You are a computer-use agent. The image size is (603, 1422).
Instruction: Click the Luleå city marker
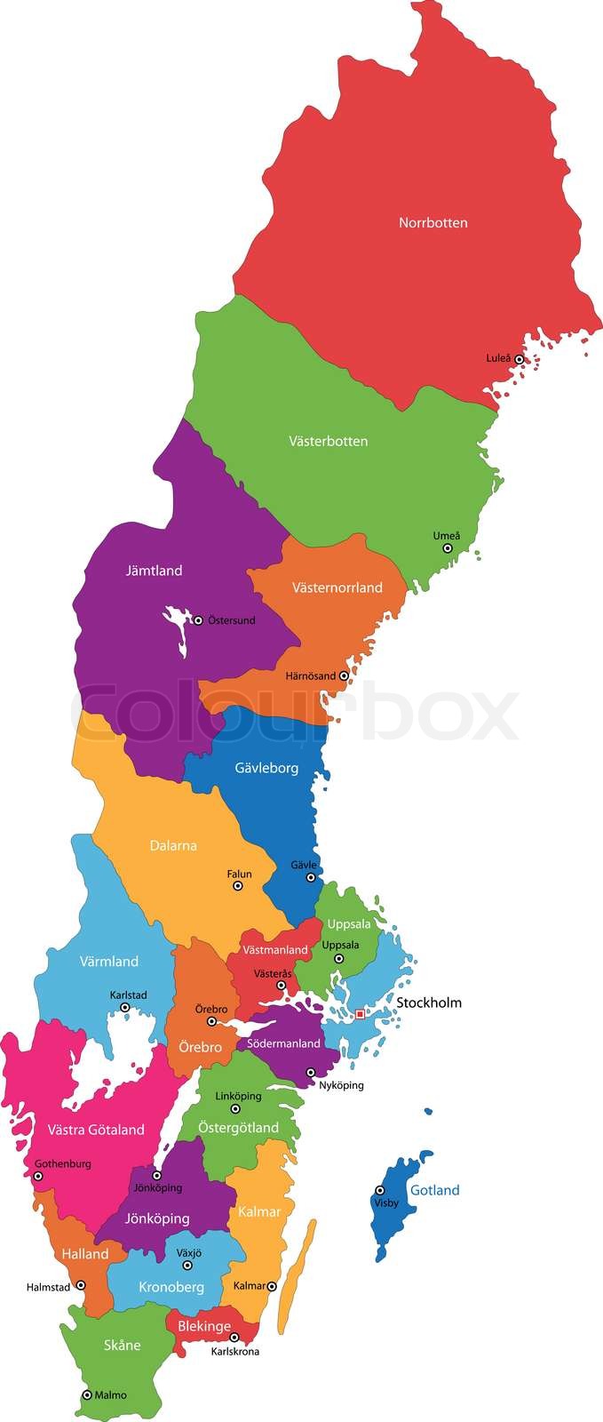coord(520,359)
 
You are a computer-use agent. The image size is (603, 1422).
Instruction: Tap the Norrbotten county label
coord(432,223)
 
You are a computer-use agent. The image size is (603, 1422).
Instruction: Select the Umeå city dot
coord(448,548)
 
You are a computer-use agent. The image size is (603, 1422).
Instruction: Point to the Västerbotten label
coord(328,441)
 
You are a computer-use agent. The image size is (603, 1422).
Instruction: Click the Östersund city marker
coord(198,620)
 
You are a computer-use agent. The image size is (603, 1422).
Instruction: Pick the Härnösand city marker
coord(344,676)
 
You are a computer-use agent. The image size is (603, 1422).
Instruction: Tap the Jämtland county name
coord(154,571)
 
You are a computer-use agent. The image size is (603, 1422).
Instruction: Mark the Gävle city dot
coord(311,877)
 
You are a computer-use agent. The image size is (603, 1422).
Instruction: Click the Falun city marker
coord(237,886)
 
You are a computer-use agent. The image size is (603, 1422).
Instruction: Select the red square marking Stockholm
coord(360,1014)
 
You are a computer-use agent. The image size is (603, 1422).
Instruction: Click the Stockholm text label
coord(429,1003)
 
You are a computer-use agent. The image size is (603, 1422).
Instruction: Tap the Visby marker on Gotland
coord(379,1190)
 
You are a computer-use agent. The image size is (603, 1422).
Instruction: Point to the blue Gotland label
coord(434,1190)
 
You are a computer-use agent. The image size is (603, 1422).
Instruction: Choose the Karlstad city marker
coord(125,1008)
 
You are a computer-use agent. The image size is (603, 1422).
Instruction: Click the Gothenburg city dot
coord(37,1176)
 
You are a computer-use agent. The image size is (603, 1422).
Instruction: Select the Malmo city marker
coord(87,1395)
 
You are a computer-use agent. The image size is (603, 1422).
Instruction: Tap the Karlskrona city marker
coord(234,1337)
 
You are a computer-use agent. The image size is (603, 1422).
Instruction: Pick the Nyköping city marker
coord(311,1073)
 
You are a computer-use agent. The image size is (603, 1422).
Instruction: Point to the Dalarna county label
coord(172,845)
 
